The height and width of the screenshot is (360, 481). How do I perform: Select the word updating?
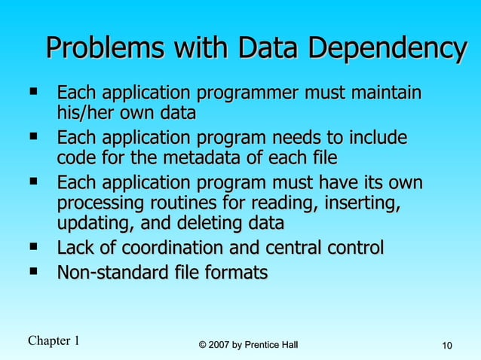[90, 224]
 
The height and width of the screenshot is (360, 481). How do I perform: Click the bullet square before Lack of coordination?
[33, 246]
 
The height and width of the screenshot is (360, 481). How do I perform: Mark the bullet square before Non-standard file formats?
[33, 271]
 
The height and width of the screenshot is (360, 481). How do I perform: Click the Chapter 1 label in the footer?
[54, 341]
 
